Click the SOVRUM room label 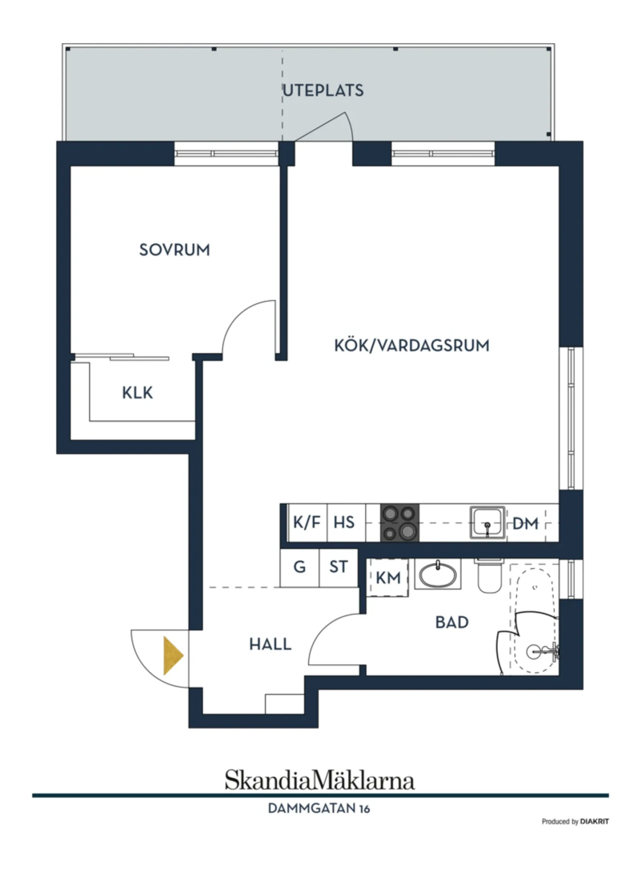[x=174, y=250]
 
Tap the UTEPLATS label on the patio [x=323, y=91]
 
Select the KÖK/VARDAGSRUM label [x=412, y=346]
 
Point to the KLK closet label [x=137, y=393]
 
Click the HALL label [x=270, y=644]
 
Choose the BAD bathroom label [x=452, y=622]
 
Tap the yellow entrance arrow [x=173, y=655]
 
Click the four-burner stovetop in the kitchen [x=399, y=523]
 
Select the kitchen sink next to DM [x=487, y=522]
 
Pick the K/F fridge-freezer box [x=307, y=523]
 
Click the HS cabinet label [x=344, y=523]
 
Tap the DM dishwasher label [x=525, y=523]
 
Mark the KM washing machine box [x=388, y=577]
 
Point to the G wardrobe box [x=300, y=568]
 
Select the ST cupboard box [x=339, y=568]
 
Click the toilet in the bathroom [x=490, y=576]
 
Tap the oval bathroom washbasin [x=438, y=575]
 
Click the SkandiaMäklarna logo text [x=320, y=780]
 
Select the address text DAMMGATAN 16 [x=319, y=808]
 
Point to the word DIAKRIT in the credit [x=594, y=821]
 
